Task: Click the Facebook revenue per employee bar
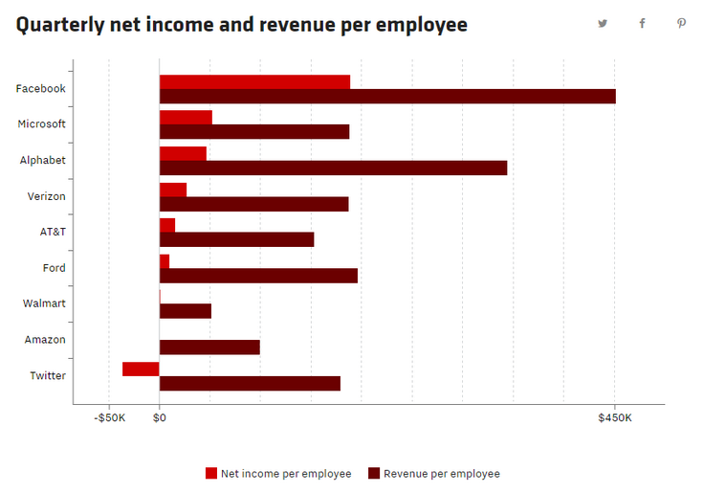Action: tap(387, 96)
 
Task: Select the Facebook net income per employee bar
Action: tap(254, 81)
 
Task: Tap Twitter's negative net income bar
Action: tap(141, 369)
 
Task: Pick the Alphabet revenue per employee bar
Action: tap(333, 168)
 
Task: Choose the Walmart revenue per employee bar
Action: tap(185, 311)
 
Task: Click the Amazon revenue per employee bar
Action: tap(209, 347)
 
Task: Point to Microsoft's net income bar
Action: tap(186, 117)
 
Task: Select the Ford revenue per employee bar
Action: tap(258, 276)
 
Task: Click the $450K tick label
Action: tap(614, 417)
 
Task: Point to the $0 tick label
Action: tap(160, 417)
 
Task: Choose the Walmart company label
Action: tap(44, 303)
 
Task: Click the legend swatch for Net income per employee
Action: tap(211, 473)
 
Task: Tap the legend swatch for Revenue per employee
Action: tap(374, 473)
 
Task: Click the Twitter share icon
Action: tap(603, 24)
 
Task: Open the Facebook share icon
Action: tap(642, 24)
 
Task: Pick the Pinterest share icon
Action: tap(681, 24)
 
